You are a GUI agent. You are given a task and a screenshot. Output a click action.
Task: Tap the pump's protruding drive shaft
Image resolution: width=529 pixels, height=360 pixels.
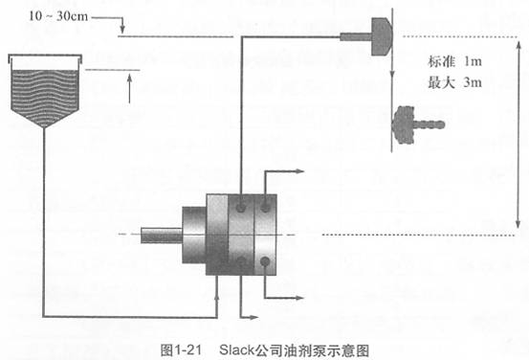click(158, 234)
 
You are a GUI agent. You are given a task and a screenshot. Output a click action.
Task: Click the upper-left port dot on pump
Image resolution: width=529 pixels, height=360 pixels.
click(240, 207)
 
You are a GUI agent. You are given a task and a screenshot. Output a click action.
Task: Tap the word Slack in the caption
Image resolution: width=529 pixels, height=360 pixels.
click(234, 349)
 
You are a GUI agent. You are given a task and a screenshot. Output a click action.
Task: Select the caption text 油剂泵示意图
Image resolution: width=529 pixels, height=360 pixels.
click(333, 349)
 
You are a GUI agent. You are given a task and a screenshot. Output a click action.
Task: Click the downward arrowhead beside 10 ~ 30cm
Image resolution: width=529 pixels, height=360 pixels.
click(122, 30)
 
